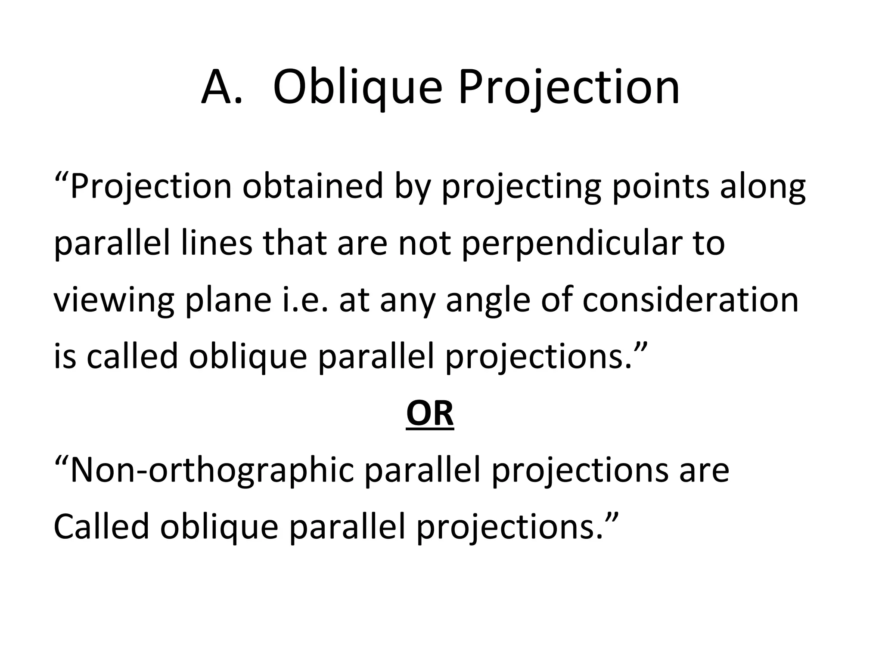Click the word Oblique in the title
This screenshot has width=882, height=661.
click(357, 88)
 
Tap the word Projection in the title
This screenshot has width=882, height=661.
click(568, 88)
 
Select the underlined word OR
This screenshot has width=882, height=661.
click(430, 414)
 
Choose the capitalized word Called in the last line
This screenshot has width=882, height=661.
click(101, 527)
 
